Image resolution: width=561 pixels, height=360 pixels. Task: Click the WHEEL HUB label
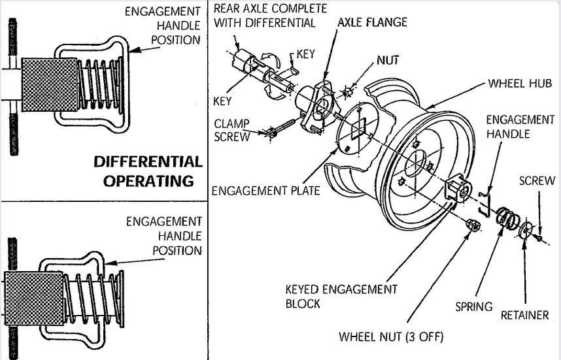tap(520, 84)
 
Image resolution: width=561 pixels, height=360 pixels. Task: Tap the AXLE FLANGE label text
tap(372, 22)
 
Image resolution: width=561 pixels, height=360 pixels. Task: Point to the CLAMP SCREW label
tap(231, 130)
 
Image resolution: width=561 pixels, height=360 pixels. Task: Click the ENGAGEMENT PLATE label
tap(266, 190)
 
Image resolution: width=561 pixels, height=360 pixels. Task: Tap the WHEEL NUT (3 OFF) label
tap(391, 337)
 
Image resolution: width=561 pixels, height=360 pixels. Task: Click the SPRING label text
tap(474, 306)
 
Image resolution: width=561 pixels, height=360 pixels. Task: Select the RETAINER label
tap(524, 316)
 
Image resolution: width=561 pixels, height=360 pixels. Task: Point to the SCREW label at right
tap(537, 181)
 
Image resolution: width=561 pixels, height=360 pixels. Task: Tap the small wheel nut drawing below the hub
tap(471, 225)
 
